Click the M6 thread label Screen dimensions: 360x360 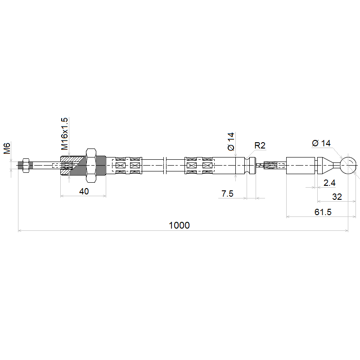point(7,148)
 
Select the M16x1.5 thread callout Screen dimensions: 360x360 point(64,134)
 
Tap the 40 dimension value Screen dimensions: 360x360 point(84,191)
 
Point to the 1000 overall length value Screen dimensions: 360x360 point(179,225)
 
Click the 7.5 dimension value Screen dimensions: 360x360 point(227,193)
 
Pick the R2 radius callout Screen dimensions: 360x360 point(260,145)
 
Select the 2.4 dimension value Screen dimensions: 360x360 point(329,183)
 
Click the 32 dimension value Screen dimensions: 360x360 point(337,197)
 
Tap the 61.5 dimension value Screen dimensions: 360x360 point(323,212)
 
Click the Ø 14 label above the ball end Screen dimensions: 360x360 point(321,143)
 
